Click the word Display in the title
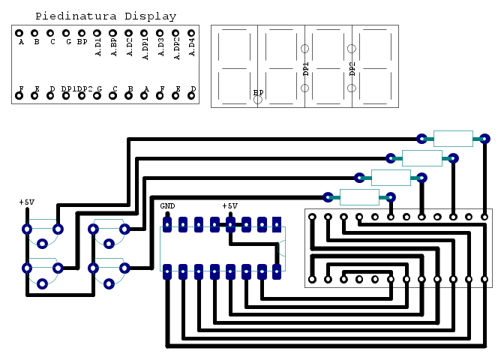click(151, 16)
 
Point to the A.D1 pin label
click(97, 46)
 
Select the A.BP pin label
click(113, 46)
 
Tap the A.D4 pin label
click(191, 46)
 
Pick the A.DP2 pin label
click(175, 46)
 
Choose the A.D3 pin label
click(160, 46)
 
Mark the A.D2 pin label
click(129, 46)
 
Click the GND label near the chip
click(167, 205)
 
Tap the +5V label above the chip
click(229, 205)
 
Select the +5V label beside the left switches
click(26, 202)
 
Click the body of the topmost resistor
click(453, 139)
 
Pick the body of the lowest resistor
click(359, 197)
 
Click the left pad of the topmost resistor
click(421, 139)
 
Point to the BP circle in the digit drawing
click(258, 98)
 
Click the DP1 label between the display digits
click(305, 69)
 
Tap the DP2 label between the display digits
click(352, 69)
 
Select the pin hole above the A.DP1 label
click(144, 33)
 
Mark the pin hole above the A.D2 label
click(129, 33)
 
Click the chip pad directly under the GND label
click(167, 223)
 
